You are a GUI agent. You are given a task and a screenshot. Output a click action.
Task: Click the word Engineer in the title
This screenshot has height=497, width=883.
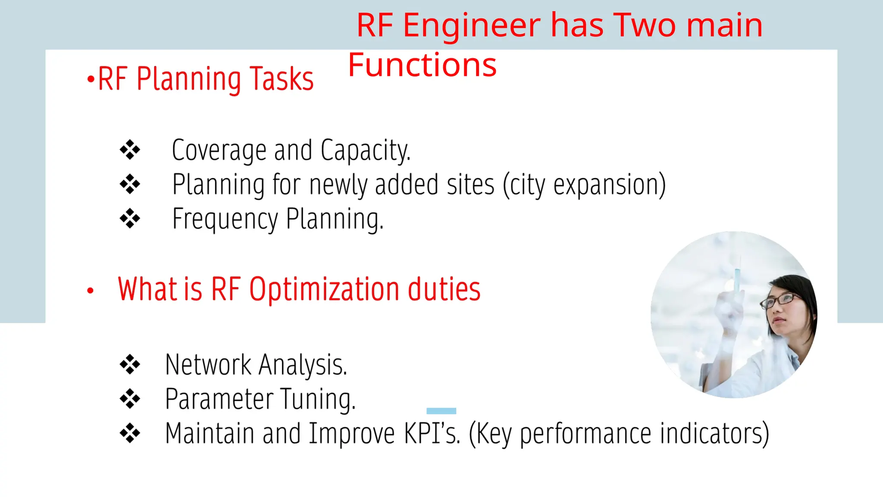(471, 26)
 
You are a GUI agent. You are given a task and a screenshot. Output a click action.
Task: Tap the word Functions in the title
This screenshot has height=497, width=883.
(422, 65)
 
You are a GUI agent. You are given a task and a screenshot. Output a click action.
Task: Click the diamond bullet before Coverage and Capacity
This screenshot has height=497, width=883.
(130, 150)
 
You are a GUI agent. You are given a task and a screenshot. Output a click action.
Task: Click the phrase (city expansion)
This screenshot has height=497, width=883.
(584, 185)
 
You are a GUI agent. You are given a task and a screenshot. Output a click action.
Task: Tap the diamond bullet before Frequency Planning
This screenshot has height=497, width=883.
(130, 219)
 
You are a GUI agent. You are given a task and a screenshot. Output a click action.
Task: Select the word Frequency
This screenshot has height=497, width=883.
(225, 220)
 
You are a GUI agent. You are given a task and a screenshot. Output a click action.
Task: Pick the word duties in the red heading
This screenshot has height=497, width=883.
(444, 289)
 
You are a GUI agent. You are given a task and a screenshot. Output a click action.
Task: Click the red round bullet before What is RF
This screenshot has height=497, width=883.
(90, 291)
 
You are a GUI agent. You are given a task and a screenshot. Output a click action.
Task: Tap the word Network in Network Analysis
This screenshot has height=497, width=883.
(208, 365)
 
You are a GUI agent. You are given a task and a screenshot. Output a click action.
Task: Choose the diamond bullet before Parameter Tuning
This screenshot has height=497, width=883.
(130, 399)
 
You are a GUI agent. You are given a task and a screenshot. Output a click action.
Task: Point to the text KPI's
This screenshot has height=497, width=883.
(432, 433)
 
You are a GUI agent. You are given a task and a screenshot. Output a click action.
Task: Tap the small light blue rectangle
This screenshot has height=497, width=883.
(441, 411)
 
